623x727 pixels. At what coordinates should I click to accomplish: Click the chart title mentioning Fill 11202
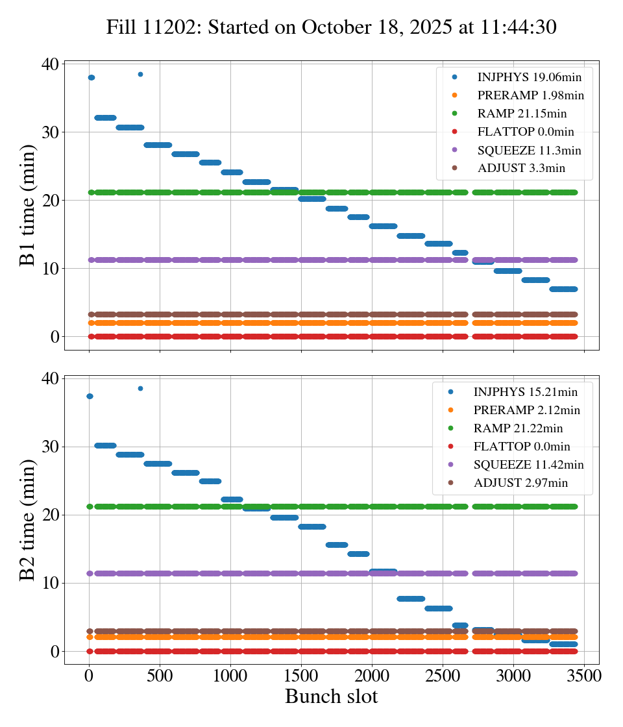coord(332,27)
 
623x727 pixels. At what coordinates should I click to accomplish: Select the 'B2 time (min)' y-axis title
coord(28,520)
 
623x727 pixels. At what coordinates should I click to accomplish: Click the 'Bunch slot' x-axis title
coord(331,696)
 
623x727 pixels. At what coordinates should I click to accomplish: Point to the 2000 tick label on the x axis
coord(372,675)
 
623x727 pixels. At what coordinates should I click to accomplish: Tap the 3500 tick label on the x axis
coord(584,675)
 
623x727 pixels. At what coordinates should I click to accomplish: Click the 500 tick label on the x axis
coord(160,675)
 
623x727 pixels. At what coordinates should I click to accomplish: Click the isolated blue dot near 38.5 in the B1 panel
coord(140,74)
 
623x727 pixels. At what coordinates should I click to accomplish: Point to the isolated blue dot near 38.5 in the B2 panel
coord(140,388)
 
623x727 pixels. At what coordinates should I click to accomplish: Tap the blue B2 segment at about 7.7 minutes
coord(410,598)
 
